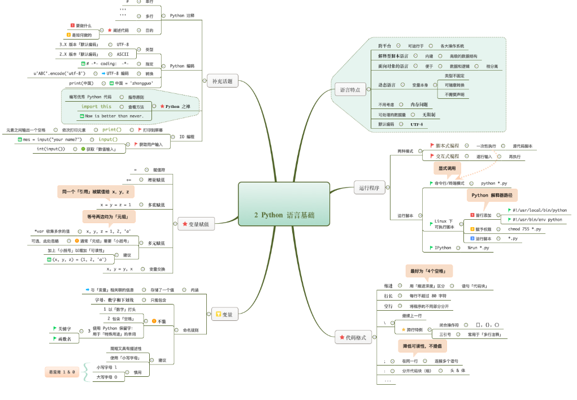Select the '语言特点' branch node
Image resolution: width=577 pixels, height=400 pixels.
click(x=350, y=90)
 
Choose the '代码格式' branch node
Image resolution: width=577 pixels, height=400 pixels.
click(x=352, y=338)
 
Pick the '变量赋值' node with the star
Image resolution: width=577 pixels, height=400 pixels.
click(x=196, y=224)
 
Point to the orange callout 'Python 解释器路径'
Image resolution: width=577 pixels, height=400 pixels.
click(x=491, y=195)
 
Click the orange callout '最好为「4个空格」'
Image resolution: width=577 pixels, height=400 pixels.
click(x=429, y=271)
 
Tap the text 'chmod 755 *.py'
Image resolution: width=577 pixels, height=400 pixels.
click(x=524, y=229)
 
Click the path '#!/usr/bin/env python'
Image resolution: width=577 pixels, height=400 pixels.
click(x=537, y=219)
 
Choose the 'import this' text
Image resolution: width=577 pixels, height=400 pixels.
click(x=96, y=106)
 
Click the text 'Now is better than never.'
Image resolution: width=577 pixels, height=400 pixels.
click(x=114, y=116)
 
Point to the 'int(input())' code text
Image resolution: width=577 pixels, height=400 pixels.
click(x=51, y=149)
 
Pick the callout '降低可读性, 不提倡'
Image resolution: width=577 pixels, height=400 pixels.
click(x=421, y=345)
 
